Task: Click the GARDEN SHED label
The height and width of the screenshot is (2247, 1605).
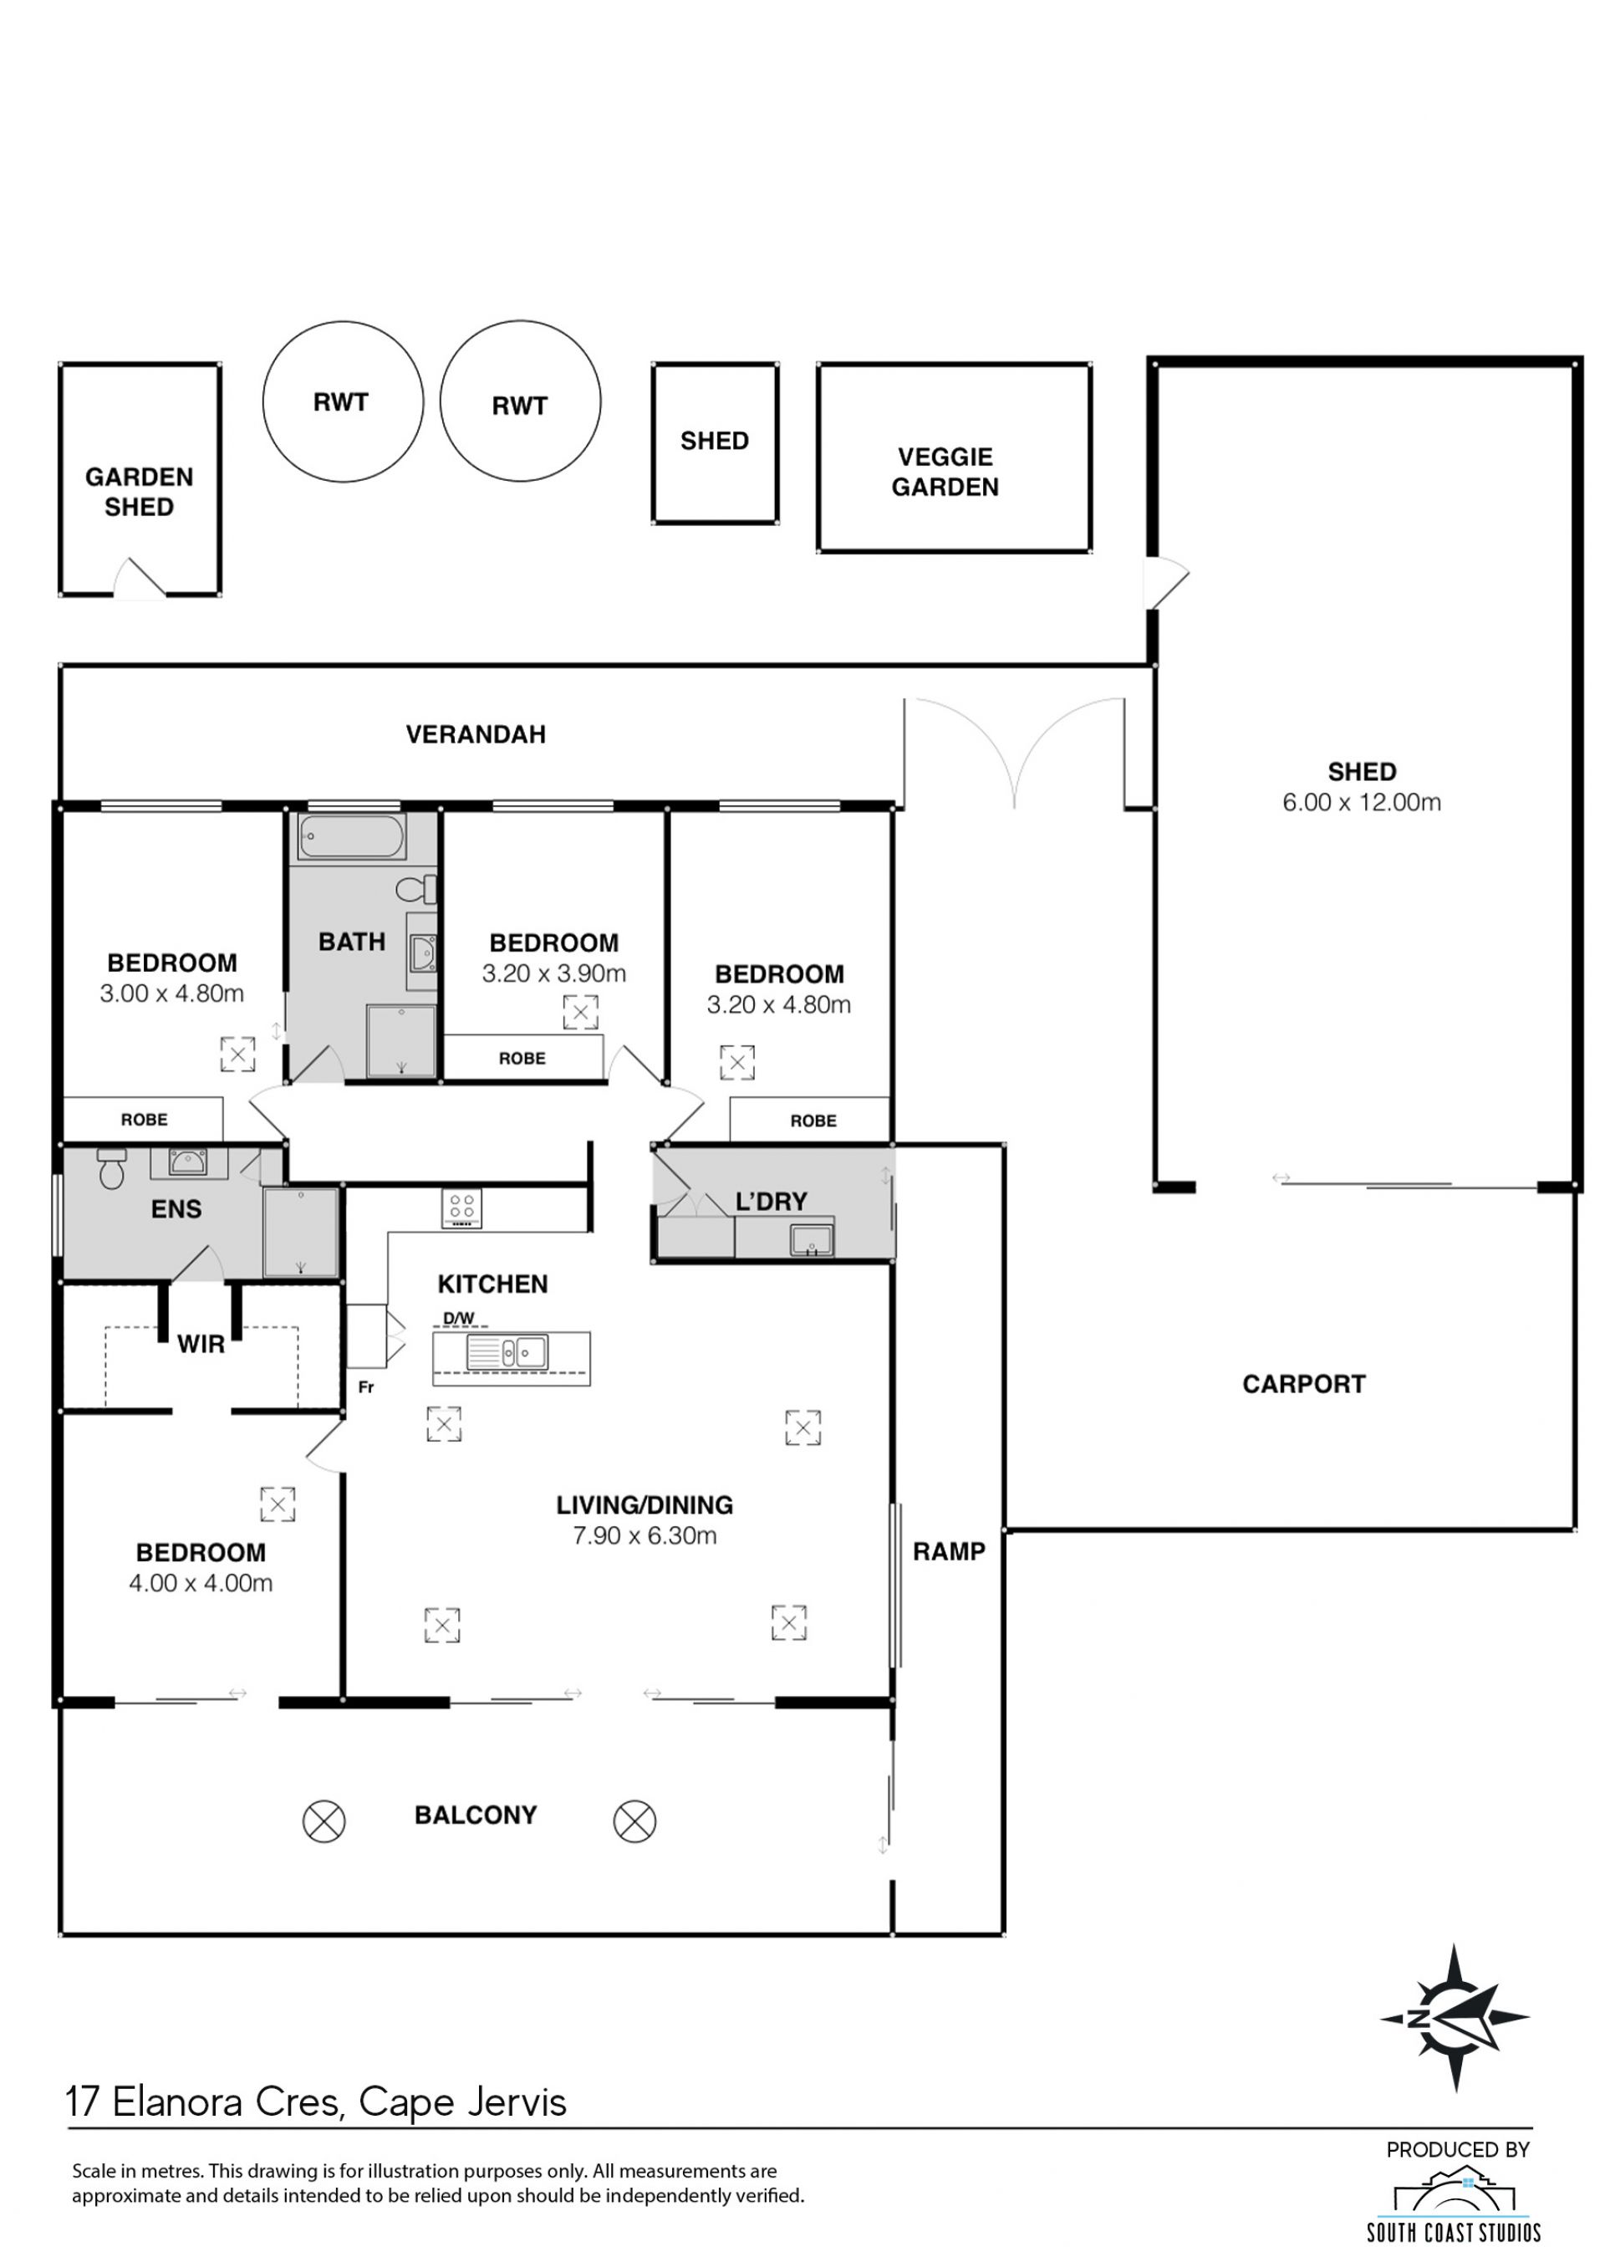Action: tap(140, 492)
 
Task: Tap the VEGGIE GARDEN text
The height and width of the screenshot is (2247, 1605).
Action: tap(945, 472)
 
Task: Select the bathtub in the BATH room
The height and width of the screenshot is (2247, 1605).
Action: tap(351, 836)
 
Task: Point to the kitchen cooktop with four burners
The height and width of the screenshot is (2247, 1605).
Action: tap(461, 1208)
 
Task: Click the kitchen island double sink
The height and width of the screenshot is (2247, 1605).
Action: tap(507, 1351)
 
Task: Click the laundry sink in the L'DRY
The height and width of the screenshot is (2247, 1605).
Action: tap(812, 1238)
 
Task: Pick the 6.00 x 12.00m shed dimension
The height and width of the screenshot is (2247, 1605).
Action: tap(1361, 802)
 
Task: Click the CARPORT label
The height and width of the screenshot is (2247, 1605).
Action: tap(1303, 1384)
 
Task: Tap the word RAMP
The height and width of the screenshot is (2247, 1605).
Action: tap(949, 1551)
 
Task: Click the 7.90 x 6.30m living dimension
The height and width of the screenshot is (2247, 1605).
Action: tap(645, 1535)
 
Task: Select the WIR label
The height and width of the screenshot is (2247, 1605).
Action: tap(201, 1345)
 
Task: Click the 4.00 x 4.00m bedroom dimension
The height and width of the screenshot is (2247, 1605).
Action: tap(201, 1583)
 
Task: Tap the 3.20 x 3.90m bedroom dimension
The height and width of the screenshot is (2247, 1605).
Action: tap(553, 973)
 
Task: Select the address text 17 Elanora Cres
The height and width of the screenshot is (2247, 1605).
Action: tap(205, 2101)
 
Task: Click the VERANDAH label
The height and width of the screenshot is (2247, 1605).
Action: tap(476, 734)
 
